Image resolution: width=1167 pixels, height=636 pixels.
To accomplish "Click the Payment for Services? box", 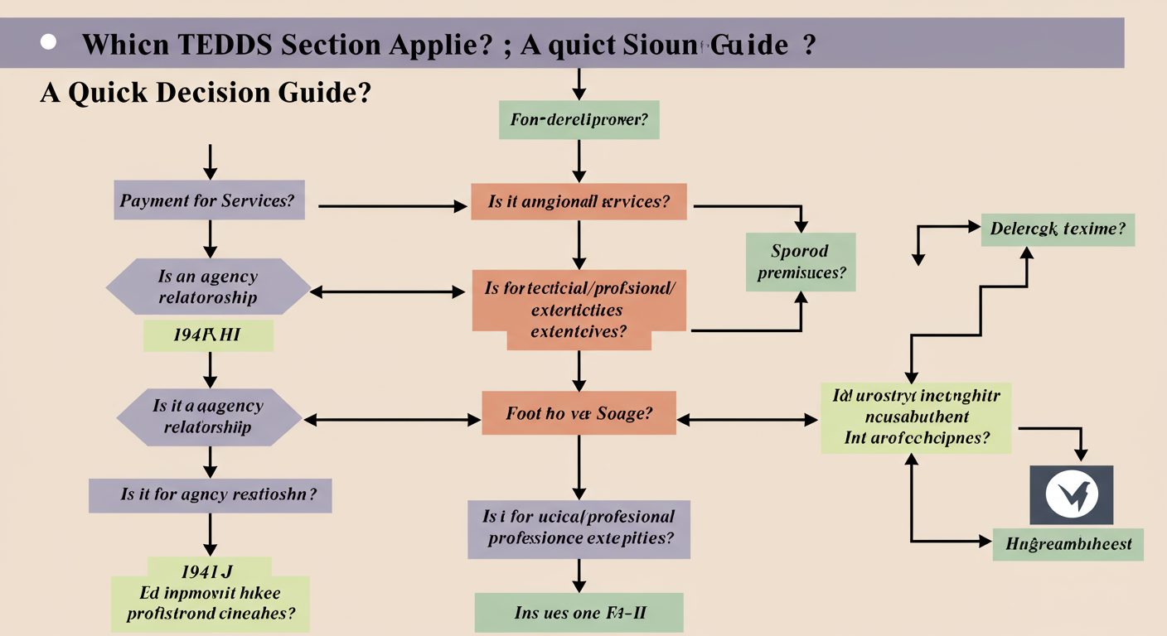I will point(209,200).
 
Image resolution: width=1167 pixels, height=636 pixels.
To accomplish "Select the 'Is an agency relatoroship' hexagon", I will point(208,287).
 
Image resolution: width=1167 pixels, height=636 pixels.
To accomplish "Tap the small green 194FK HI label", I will point(208,335).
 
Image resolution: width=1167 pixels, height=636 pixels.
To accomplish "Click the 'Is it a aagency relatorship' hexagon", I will point(208,417).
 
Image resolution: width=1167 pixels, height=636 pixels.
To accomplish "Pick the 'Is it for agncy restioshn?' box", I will point(211,494).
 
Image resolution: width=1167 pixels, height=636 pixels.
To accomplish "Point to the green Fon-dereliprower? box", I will point(579,119).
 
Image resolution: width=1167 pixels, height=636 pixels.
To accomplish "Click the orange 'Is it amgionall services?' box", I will point(579,201).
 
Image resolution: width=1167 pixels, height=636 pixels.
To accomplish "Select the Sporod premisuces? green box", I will point(801,261).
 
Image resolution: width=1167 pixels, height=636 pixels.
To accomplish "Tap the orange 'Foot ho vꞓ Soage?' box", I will point(579,413).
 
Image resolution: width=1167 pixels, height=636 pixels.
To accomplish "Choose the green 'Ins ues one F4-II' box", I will point(579,613).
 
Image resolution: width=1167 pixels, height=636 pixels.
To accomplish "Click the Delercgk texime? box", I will point(1057,229).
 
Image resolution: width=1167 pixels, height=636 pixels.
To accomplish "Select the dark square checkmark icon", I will point(1072,495).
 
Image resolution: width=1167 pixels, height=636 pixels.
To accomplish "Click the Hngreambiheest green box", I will point(1068,544).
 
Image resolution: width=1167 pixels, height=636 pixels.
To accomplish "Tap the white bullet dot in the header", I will point(48,41).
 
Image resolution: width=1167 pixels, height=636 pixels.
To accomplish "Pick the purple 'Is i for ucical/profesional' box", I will point(579,528).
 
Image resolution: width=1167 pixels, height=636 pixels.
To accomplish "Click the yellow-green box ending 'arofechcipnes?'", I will point(916,417).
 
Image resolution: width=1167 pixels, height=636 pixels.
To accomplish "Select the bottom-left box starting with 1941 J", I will point(211,592).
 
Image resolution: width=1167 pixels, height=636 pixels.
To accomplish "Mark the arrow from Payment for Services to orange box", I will point(390,206).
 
